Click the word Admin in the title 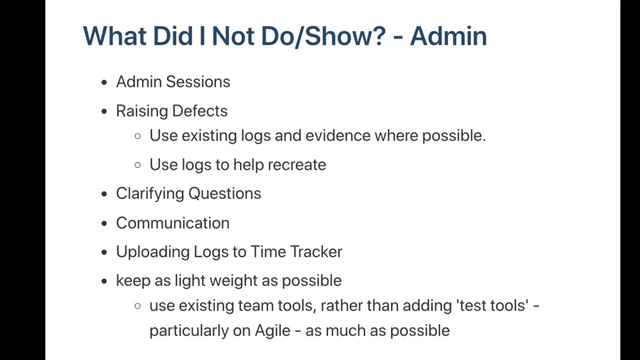coord(448,36)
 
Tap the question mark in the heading coord(378,36)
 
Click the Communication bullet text coord(173,223)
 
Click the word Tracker coord(316,251)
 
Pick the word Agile coord(272,331)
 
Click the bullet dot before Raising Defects coord(104,111)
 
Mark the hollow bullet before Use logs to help coord(138,165)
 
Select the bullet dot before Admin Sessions coord(104,82)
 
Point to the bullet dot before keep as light coord(104,281)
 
